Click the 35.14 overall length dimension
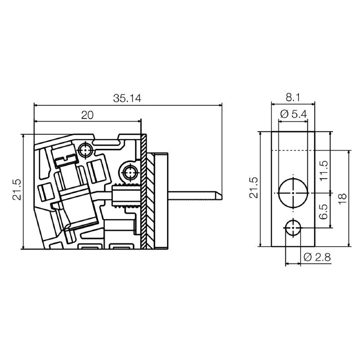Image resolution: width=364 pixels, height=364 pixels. coord(127,98)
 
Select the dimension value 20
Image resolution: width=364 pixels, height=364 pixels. coord(87,115)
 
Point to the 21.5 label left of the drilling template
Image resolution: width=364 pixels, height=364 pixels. coord(253,187)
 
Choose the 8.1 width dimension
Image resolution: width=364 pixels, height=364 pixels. coord(293,97)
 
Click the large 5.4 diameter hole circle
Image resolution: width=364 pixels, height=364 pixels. coord(293,192)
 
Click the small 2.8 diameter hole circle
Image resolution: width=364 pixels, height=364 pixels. coord(293,227)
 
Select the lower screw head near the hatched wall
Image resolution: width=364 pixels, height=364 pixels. coord(130,172)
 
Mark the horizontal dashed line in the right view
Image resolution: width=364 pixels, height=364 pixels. coord(293,151)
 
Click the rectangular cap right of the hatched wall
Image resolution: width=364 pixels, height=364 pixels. coord(162,200)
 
